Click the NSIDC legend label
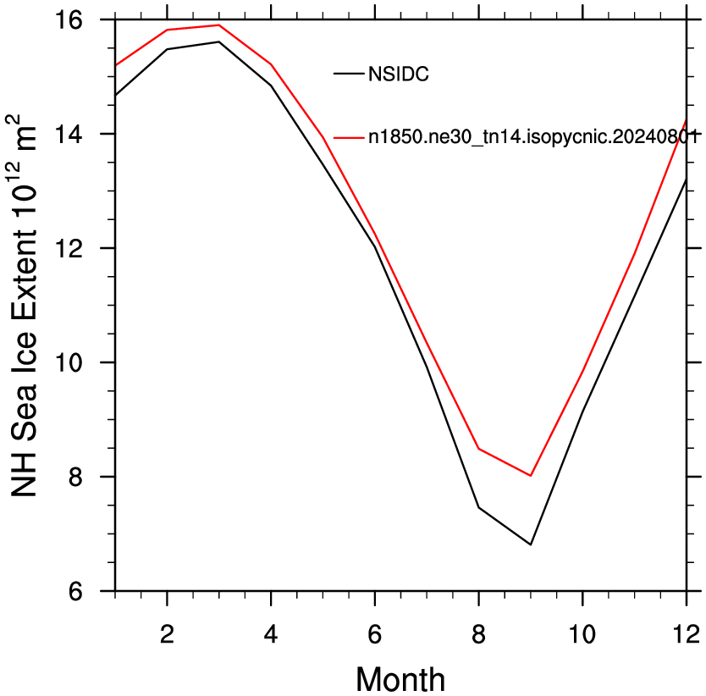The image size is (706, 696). (399, 74)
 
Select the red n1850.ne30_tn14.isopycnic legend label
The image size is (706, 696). (533, 136)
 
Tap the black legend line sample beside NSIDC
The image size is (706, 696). (349, 74)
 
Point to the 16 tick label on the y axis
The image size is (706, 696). (69, 20)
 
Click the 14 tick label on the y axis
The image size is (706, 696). (69, 135)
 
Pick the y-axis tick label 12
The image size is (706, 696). (69, 248)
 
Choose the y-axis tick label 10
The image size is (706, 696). (69, 362)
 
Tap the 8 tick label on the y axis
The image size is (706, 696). (75, 477)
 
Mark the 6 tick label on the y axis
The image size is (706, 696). (75, 591)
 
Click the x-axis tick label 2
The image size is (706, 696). (167, 634)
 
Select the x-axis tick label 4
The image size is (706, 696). (271, 634)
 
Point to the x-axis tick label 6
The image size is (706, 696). (375, 634)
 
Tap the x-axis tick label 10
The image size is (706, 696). (582, 634)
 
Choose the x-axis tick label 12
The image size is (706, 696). (687, 634)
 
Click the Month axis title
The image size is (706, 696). (400, 680)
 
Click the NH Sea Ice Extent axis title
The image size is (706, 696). (24, 306)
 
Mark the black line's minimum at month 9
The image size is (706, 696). (531, 544)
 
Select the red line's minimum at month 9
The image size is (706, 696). (531, 476)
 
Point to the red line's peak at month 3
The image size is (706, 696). (218, 25)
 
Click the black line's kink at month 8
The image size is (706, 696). (478, 508)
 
